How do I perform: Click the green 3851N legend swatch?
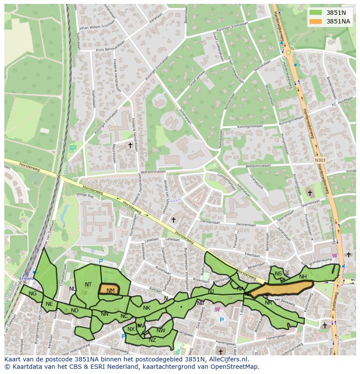click(316, 13)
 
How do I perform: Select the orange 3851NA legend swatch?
click(316, 21)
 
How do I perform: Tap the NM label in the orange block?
click(110, 291)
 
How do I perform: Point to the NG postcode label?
click(33, 294)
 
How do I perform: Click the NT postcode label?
click(88, 285)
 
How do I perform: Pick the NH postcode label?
click(303, 277)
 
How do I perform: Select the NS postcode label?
click(278, 274)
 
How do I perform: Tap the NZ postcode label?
click(152, 340)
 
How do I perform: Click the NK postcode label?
click(147, 308)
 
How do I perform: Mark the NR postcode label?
click(268, 303)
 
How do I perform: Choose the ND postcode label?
click(75, 311)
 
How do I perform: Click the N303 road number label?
click(320, 160)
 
